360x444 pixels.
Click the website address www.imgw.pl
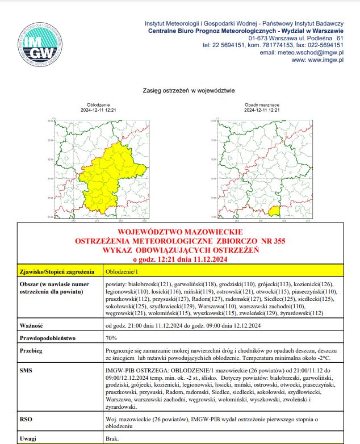tap(323, 60)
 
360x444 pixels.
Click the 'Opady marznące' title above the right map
tap(262, 106)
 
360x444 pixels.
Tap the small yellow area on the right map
tap(275, 212)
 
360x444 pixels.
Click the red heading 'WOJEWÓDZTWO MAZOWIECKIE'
tap(180, 232)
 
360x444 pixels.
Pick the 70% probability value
tap(111, 338)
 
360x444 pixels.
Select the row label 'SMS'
tap(26, 370)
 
